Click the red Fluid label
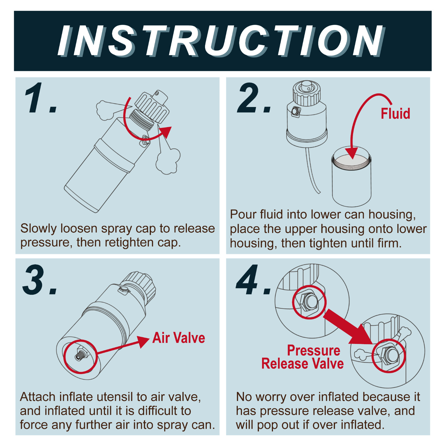[395, 114]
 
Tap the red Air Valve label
[179, 338]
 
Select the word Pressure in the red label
[314, 350]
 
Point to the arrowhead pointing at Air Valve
[143, 341]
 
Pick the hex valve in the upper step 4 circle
[308, 302]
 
